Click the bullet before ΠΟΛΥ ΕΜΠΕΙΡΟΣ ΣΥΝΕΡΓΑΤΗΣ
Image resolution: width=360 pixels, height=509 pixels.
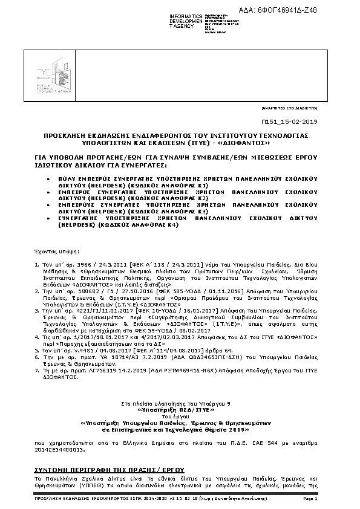(48, 180)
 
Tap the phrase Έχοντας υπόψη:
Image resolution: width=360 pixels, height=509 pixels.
(53, 249)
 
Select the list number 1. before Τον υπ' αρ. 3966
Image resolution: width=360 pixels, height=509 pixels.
(36, 264)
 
